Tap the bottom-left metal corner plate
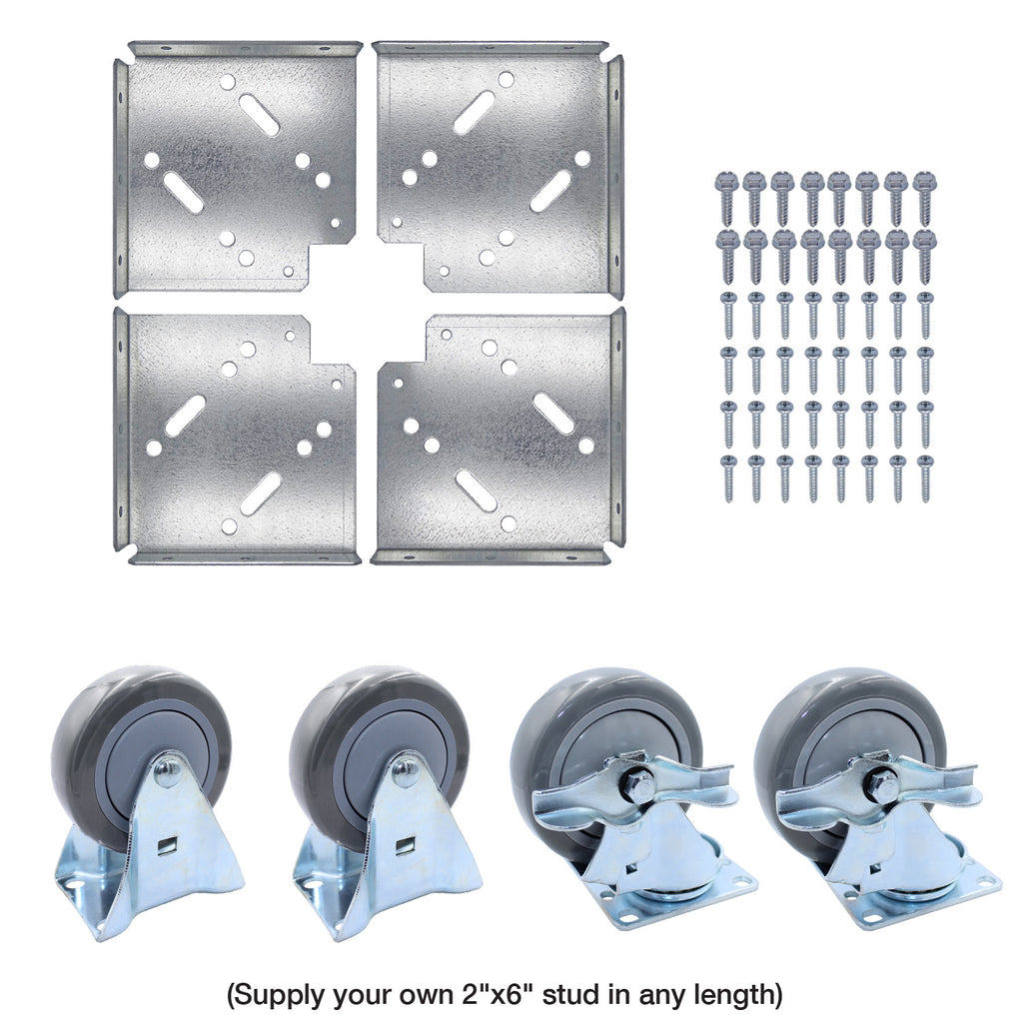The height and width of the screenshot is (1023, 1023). tap(235, 440)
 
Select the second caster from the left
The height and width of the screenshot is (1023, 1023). tap(385, 799)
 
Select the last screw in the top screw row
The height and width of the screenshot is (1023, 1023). tap(924, 196)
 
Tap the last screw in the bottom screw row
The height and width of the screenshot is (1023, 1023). tap(924, 478)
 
